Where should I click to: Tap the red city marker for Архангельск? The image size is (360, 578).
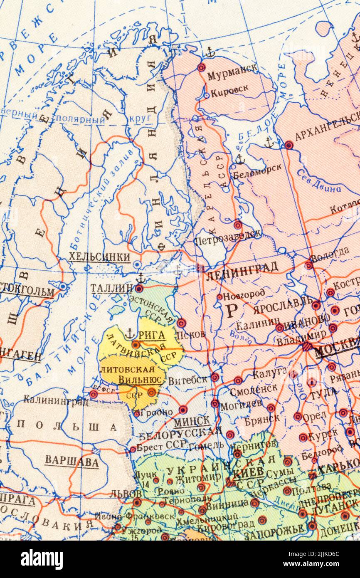(x=288, y=145)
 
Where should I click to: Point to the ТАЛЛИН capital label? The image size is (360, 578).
(x=111, y=288)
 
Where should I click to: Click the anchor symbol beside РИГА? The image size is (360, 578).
(x=130, y=333)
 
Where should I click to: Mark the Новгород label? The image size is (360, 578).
(x=244, y=295)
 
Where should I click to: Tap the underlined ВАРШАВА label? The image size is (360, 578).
(x=72, y=461)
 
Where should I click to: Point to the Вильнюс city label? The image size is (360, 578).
(x=140, y=379)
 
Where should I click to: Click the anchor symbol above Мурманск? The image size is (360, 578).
(x=210, y=52)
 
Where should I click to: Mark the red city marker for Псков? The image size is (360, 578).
(x=181, y=323)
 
